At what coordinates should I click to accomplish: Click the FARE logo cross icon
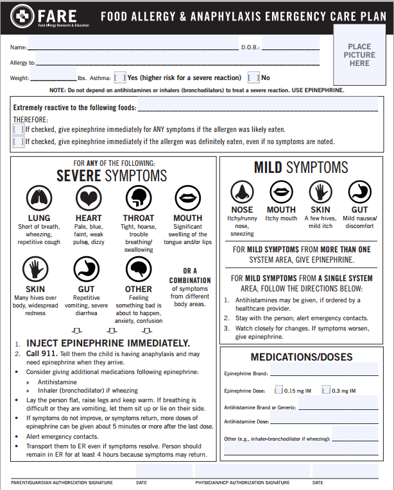[x=24, y=15]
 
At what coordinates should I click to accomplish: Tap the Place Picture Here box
[x=359, y=55]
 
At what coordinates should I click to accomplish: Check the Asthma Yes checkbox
[x=120, y=78]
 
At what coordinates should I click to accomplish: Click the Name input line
[x=132, y=47]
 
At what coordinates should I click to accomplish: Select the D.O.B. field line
[x=290, y=47]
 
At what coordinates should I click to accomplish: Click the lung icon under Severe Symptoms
[x=39, y=198]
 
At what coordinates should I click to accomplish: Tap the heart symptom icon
[x=89, y=198]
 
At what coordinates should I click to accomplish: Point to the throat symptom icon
[x=138, y=198]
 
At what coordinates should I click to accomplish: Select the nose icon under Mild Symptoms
[x=242, y=191]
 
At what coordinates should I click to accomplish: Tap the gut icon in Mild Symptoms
[x=359, y=191]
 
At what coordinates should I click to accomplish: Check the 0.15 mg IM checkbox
[x=278, y=389]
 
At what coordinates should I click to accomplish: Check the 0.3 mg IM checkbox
[x=327, y=389]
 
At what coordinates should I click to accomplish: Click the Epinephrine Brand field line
[x=324, y=373]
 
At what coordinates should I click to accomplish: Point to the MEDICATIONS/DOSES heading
[x=301, y=357]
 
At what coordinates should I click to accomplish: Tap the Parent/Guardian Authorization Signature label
[x=62, y=482]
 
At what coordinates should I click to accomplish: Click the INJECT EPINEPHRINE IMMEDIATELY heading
[x=108, y=343]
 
